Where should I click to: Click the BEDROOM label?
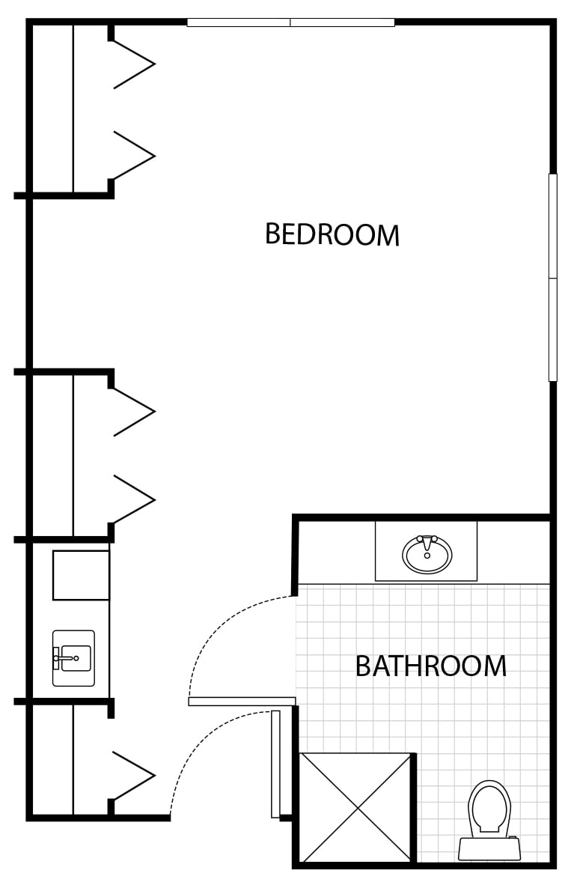[332, 234]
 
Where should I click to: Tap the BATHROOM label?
[431, 666]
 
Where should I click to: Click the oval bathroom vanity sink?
[427, 554]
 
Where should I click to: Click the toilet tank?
[489, 849]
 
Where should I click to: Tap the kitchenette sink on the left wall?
[73, 658]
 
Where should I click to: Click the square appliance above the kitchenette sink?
[81, 576]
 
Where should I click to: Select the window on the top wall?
[290, 22]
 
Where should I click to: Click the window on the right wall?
[553, 277]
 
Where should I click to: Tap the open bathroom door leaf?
[242, 702]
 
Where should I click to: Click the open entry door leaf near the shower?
[275, 763]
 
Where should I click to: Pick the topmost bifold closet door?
[134, 64]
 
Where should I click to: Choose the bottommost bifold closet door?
[134, 775]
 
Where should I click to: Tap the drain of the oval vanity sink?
[427, 556]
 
